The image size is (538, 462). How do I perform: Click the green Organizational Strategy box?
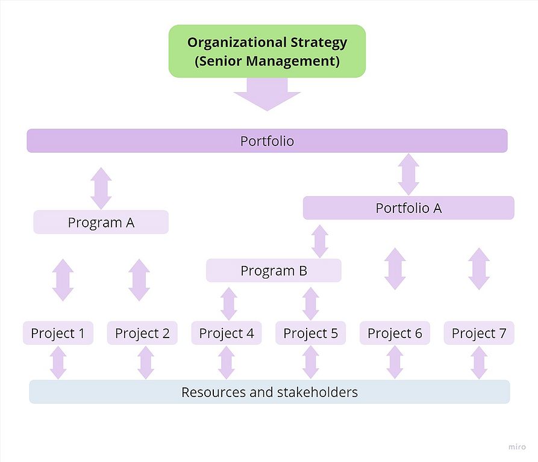pyautogui.click(x=267, y=51)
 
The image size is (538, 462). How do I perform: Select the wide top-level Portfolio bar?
pyautogui.click(x=267, y=141)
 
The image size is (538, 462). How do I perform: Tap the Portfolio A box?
pyautogui.click(x=408, y=208)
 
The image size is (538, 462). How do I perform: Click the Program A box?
pyautogui.click(x=101, y=222)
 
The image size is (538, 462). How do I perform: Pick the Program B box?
pyautogui.click(x=274, y=271)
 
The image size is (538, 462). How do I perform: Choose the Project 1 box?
pyautogui.click(x=58, y=333)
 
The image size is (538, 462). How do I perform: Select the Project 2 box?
pyautogui.click(x=142, y=333)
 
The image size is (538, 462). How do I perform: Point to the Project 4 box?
pyautogui.click(x=227, y=333)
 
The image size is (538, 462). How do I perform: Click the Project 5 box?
pyautogui.click(x=310, y=333)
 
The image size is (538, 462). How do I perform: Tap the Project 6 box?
pyautogui.click(x=395, y=333)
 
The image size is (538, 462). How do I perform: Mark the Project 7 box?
pyautogui.click(x=479, y=333)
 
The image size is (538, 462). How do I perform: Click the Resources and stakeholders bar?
pyautogui.click(x=269, y=392)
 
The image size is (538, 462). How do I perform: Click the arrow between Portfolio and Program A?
pyautogui.click(x=101, y=188)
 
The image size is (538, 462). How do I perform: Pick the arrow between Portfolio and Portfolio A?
pyautogui.click(x=408, y=174)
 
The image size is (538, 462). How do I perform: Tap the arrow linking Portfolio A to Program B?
pyautogui.click(x=320, y=241)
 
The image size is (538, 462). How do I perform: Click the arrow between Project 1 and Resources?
pyautogui.click(x=58, y=362)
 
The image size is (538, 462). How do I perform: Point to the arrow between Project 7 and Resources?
pyautogui.click(x=479, y=362)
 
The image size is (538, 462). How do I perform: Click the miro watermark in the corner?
pyautogui.click(x=516, y=448)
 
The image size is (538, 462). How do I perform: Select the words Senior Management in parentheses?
pyautogui.click(x=267, y=61)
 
